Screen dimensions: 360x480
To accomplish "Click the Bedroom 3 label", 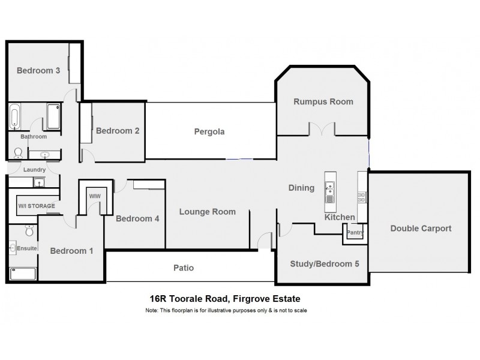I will point(38,70).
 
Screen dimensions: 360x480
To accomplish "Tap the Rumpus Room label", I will point(323,101).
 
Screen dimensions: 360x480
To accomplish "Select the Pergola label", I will point(209,131).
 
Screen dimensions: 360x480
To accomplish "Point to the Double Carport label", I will point(421,228).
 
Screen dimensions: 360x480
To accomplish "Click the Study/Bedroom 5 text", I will point(320,263).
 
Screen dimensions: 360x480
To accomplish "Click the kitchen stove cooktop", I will point(362,196).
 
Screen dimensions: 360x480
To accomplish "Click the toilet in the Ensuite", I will point(29,231).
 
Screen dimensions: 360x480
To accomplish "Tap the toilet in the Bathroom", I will point(18,154).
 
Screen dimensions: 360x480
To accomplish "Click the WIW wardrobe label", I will point(94,196).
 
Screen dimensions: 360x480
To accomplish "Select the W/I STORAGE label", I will point(36,206).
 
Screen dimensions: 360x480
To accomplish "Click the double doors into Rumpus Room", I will point(322,128).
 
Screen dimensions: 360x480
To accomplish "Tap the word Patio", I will point(184,268).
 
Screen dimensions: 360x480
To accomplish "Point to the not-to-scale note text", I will point(226,310).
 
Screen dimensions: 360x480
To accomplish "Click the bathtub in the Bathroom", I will point(15,116).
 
